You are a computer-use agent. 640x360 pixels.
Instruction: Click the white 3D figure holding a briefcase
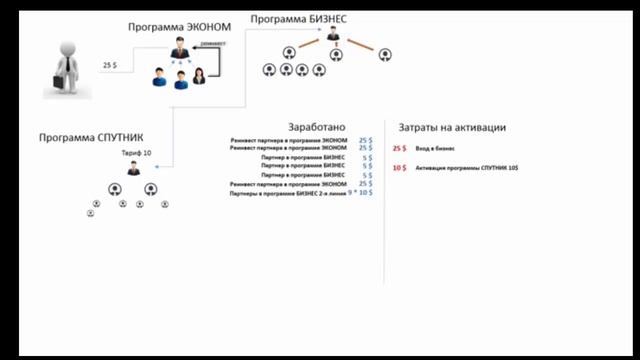67,63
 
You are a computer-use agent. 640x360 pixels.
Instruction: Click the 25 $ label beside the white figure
111,65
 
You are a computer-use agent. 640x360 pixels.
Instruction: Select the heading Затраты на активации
452,128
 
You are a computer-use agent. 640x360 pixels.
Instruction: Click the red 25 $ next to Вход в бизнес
400,149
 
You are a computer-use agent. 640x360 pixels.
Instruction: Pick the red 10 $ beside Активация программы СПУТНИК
400,168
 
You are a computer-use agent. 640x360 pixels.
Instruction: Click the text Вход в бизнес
436,149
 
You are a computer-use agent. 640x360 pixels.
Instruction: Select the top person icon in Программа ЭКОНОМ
180,47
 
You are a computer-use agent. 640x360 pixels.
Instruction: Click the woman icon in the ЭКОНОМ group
200,76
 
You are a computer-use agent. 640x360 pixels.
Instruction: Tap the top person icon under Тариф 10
134,169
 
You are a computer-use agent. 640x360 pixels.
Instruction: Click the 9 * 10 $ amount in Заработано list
360,192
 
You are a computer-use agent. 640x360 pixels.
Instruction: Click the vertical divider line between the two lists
385,200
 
